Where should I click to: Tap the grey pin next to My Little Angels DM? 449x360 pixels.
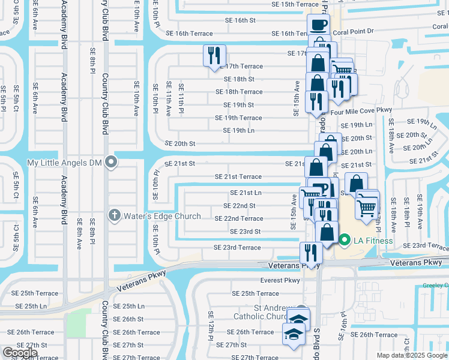point(111,162)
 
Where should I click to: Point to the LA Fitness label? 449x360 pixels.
point(373,241)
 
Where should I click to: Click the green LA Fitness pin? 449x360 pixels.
point(344,241)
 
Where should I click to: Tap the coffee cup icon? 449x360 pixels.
point(319,25)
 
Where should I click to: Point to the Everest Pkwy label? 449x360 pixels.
point(280,280)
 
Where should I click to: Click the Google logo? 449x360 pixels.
point(20,353)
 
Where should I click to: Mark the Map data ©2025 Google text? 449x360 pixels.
point(411,355)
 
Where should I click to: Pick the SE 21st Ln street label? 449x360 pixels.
point(246,193)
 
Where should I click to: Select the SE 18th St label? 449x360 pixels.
point(239,79)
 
